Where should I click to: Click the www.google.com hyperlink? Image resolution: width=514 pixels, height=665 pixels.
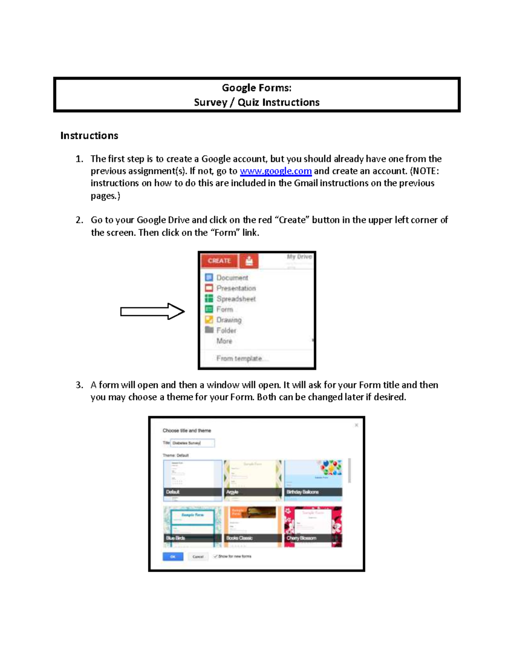(x=275, y=171)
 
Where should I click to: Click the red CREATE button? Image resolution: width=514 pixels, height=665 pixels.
(x=219, y=261)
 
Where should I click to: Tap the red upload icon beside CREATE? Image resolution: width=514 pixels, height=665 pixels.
(x=249, y=261)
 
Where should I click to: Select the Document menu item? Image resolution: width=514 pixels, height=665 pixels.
(x=232, y=277)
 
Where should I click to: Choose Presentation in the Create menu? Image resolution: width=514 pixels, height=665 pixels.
(x=236, y=288)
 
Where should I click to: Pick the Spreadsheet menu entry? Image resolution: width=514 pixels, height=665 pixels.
(x=236, y=299)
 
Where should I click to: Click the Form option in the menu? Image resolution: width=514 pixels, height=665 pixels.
(x=224, y=309)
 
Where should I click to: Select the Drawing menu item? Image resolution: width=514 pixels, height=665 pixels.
(x=229, y=320)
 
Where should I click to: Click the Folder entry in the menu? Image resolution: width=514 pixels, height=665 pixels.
(x=226, y=331)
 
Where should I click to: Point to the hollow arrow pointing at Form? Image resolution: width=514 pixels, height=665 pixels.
(x=152, y=311)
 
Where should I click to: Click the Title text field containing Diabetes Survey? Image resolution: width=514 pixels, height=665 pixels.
(x=192, y=443)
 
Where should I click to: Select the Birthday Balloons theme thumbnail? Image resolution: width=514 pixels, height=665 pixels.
(x=313, y=480)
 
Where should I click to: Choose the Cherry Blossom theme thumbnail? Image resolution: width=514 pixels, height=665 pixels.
(x=313, y=526)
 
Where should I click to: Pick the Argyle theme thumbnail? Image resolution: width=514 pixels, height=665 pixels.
(x=253, y=480)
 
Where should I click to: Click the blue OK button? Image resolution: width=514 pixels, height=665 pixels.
(x=173, y=557)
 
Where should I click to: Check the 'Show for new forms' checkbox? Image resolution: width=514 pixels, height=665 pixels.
(x=216, y=556)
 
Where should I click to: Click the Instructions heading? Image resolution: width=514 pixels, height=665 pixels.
(x=89, y=136)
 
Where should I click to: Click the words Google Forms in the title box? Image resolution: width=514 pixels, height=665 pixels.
(x=256, y=88)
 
